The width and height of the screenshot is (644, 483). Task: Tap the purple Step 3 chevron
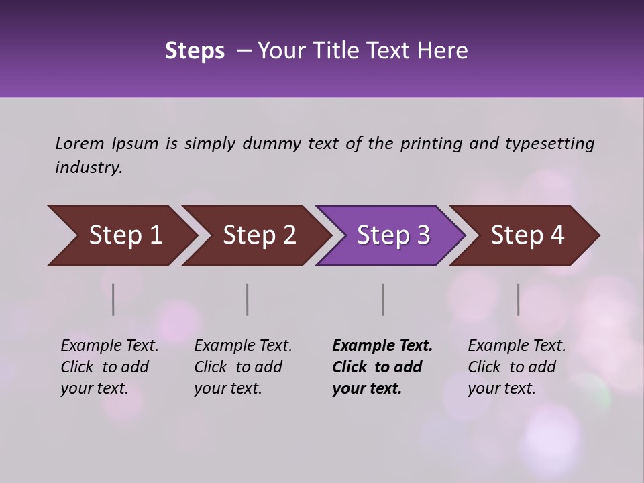[x=393, y=235]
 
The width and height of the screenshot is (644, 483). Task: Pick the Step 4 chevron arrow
[x=527, y=235]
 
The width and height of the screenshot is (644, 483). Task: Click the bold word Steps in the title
[x=195, y=50]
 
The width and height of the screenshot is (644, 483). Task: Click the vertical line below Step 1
[x=113, y=299]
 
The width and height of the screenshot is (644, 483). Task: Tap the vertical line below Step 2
[x=248, y=299]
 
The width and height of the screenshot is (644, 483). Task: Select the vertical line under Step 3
[x=382, y=299]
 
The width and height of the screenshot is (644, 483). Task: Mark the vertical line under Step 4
[x=518, y=299]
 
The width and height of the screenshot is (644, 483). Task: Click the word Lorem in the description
[x=80, y=144]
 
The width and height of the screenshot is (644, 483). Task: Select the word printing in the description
[x=431, y=144]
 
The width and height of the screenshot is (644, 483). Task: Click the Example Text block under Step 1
[x=109, y=367]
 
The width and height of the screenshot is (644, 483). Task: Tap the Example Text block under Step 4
[x=517, y=367]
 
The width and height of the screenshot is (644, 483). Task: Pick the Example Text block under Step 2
[x=243, y=367]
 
